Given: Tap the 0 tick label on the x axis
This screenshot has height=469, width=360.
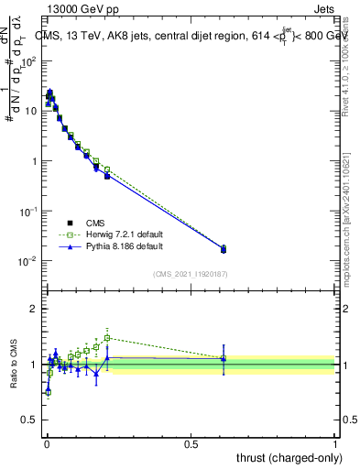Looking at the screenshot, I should click(x=46, y=443).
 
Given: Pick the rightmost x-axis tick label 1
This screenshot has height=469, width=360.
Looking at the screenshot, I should click(x=335, y=443).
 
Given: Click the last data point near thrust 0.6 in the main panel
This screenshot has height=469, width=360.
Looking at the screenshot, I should click(x=224, y=248).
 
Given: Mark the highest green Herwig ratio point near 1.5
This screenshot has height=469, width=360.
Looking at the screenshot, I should click(x=107, y=337).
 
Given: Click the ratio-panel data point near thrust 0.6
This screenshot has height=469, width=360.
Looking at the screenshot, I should click(x=224, y=358).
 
